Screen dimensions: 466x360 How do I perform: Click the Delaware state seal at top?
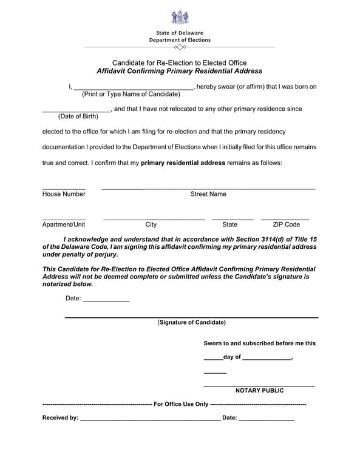pyautogui.click(x=180, y=17)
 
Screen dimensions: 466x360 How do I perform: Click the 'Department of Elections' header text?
pyautogui.click(x=180, y=40)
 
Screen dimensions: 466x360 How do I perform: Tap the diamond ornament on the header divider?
pyautogui.click(x=180, y=47)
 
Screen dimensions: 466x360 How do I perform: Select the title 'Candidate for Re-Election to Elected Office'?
pyautogui.click(x=180, y=62)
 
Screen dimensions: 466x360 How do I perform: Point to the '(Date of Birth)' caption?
pyautogui.click(x=78, y=116)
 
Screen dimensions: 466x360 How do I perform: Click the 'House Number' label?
pyautogui.click(x=64, y=194)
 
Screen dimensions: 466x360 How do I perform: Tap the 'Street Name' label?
pyautogui.click(x=208, y=194)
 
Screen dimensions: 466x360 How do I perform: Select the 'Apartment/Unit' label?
pyautogui.click(x=64, y=225)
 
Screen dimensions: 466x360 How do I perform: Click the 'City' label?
pyautogui.click(x=151, y=225)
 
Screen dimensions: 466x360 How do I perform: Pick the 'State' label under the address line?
pyautogui.click(x=230, y=225)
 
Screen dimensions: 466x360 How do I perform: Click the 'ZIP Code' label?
pyautogui.click(x=286, y=225)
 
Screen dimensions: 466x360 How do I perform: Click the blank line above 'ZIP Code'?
pyautogui.click(x=285, y=218)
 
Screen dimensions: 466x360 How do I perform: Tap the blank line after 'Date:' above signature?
pyautogui.click(x=106, y=301)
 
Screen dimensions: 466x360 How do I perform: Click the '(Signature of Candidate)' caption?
pyautogui.click(x=191, y=322)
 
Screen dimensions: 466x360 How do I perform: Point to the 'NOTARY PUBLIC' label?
pyautogui.click(x=259, y=390)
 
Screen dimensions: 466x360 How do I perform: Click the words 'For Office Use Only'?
pyautogui.click(x=181, y=404)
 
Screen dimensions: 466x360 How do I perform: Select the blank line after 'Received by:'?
pyautogui.click(x=150, y=420)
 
